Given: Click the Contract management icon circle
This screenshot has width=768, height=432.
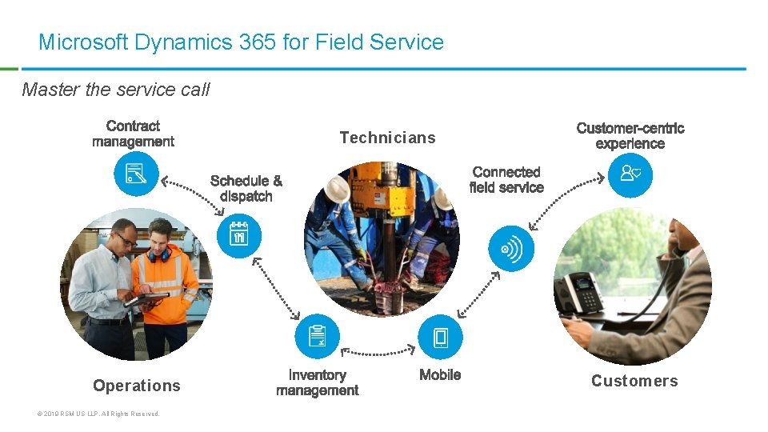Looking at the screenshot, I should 136,174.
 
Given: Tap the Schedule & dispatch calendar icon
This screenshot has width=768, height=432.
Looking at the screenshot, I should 238,236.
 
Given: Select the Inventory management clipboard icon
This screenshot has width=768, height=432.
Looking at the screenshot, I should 317,336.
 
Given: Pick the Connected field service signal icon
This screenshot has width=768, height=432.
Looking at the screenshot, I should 510,249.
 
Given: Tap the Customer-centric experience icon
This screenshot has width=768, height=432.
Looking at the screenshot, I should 630,174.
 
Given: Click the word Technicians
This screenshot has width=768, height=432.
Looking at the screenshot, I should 387,138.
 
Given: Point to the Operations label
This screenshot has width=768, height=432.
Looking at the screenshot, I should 137,386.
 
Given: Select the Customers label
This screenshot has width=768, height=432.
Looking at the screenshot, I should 634,381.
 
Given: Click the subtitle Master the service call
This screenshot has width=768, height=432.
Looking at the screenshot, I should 116,90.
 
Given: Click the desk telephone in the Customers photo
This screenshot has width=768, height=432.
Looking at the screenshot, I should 579,291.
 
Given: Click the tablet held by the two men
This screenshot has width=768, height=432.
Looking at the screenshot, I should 146,298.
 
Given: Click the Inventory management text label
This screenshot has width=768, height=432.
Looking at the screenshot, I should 317,382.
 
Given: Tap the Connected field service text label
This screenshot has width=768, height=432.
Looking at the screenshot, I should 506,180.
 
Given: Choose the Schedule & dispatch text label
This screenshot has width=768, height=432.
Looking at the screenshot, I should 246,189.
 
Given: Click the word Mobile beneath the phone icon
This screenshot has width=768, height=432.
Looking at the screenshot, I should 440,374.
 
